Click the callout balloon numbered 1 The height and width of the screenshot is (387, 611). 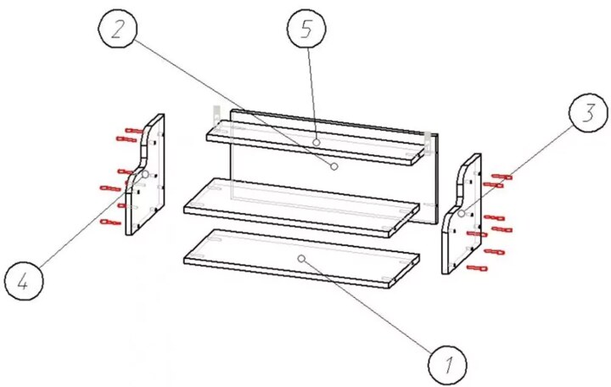coord(447,364)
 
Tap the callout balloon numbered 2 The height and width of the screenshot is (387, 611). coord(118,30)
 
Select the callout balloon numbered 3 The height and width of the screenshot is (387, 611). coord(588,113)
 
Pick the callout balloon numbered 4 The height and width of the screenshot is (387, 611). coord(24,281)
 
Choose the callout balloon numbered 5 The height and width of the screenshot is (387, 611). coord(306,30)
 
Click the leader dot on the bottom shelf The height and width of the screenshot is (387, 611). coord(300,258)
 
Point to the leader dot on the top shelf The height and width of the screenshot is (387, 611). coord(317,143)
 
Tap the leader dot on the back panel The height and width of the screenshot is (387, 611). coord(334,166)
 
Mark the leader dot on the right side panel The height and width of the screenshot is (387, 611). coord(462,214)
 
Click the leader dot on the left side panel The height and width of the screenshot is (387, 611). coord(145,174)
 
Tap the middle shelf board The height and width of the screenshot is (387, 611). coord(301,207)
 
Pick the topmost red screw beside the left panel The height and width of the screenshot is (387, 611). coord(134,131)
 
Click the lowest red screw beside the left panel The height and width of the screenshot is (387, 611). coord(110,222)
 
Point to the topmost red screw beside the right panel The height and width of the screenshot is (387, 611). coord(502,177)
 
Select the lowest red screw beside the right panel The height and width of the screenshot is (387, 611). coord(477,267)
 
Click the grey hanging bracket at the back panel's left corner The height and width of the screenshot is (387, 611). coord(216,115)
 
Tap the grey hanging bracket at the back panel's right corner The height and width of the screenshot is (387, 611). coord(428,143)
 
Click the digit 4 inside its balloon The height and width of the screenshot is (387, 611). coord(23,281)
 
